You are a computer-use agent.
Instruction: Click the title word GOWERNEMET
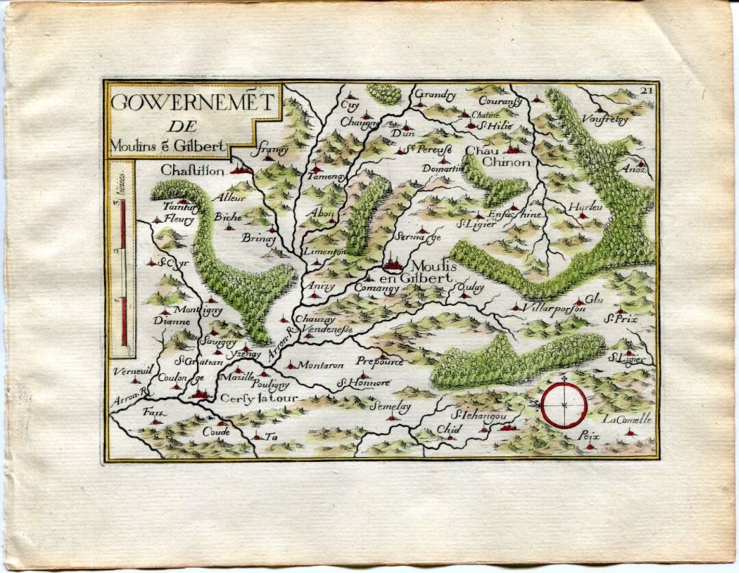(x=192, y=102)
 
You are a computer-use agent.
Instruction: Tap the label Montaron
(x=320, y=364)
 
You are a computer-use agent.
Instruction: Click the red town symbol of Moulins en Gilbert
(x=393, y=262)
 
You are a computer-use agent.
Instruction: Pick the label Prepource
(x=380, y=361)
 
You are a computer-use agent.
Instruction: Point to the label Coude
(x=216, y=432)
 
